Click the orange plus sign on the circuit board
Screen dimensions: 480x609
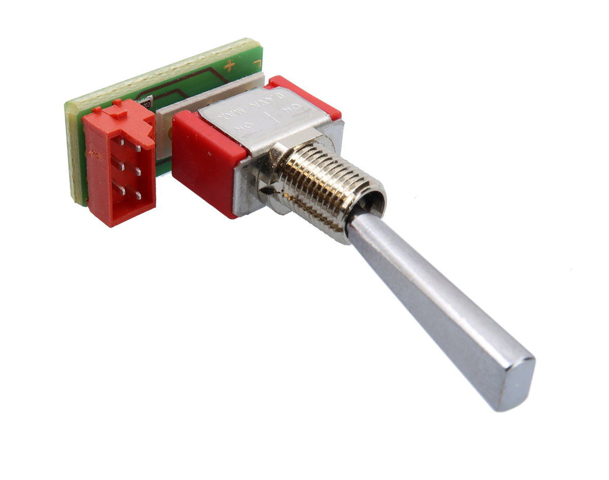click(229, 65)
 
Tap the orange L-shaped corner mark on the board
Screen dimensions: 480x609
click(257, 63)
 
